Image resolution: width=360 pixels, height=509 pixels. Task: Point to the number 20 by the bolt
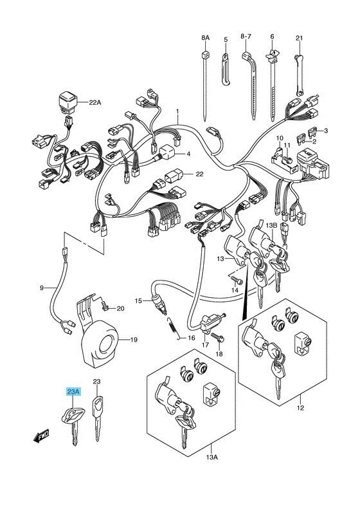pos(120,308)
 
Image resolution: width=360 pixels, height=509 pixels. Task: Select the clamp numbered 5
pos(226,64)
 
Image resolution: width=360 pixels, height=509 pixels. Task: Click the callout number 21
pos(299,39)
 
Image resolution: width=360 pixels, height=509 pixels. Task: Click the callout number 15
pos(138,301)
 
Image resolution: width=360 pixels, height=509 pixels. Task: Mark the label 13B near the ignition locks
pos(272,225)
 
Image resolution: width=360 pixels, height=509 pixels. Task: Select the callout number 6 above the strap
pos(272,39)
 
